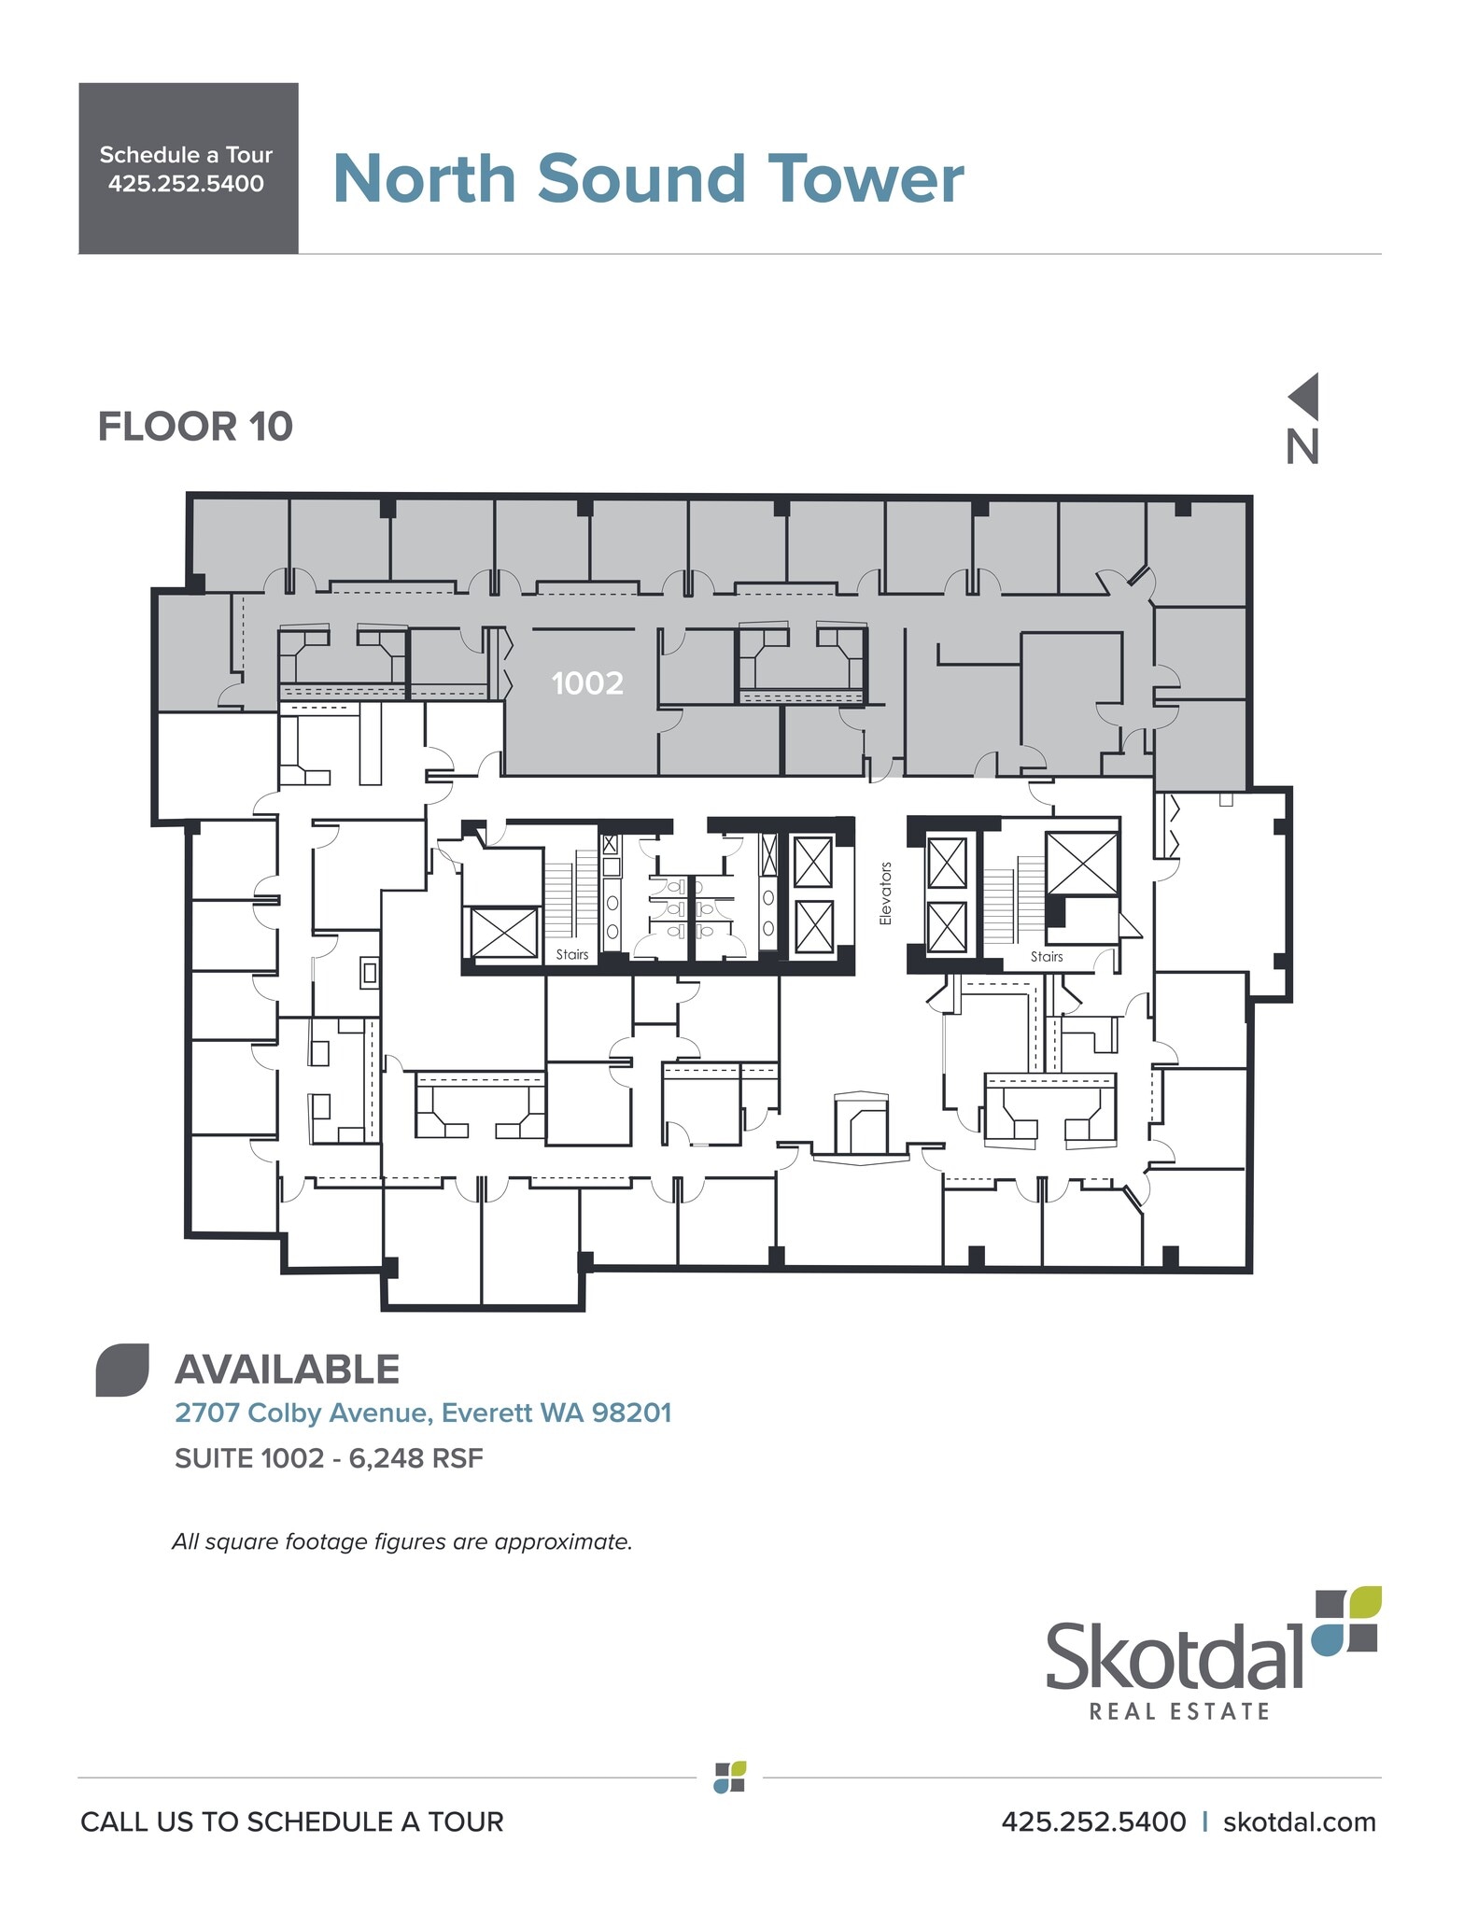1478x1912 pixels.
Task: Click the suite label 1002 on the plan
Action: tap(586, 683)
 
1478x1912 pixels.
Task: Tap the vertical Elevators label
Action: tap(885, 893)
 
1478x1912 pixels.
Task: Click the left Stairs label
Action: tap(572, 954)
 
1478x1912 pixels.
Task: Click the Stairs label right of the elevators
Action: tap(1047, 956)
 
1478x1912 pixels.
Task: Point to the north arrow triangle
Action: tap(1306, 396)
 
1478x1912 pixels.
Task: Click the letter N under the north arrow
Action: tap(1302, 447)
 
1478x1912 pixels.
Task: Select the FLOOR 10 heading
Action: tap(195, 428)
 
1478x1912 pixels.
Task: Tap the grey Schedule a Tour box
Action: tap(188, 169)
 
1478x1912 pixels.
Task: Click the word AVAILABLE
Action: tap(287, 1370)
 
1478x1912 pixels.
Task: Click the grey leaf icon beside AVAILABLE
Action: tap(122, 1371)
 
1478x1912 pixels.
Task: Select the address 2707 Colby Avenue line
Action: tap(423, 1413)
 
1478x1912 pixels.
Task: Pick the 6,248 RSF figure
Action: tap(415, 1458)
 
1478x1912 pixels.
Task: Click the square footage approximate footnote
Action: tap(401, 1541)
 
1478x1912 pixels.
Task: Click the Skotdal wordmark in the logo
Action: tap(1173, 1656)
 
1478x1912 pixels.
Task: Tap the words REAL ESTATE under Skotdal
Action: tap(1179, 1711)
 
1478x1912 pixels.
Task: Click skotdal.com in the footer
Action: tap(1299, 1821)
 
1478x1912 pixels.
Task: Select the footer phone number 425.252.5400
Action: tap(1093, 1821)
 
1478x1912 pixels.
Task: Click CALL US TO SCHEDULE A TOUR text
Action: tap(291, 1821)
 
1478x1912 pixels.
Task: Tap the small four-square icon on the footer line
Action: tap(730, 1778)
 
